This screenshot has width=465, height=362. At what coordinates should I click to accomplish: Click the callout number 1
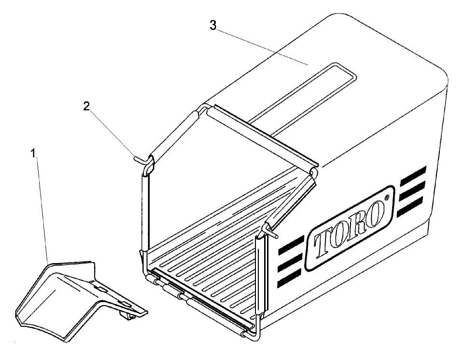click(33, 153)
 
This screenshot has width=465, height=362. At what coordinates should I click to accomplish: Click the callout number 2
click(86, 106)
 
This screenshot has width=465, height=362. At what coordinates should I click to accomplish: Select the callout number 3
click(213, 26)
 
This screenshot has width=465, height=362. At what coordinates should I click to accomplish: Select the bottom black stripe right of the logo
click(409, 207)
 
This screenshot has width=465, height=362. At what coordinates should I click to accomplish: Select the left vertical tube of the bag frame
click(145, 213)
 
